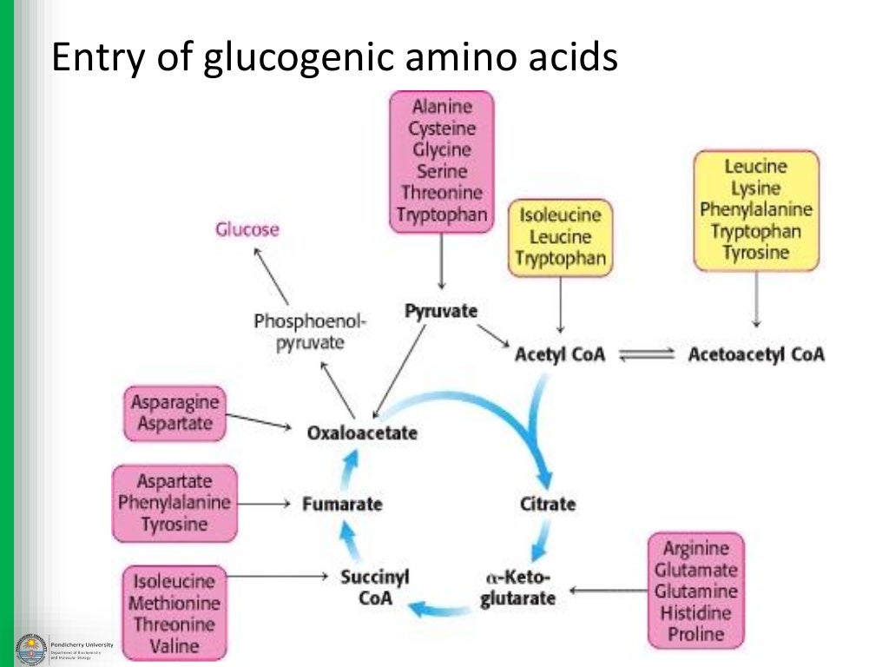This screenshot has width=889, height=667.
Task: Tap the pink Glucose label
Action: [247, 229]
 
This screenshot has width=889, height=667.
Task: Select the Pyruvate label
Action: [441, 310]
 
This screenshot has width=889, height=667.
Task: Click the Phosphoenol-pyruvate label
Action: [310, 332]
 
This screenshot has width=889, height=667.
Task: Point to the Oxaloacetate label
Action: [362, 432]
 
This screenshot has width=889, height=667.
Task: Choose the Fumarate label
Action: [342, 504]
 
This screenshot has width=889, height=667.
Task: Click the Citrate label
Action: [547, 504]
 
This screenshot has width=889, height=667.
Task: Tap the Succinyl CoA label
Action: [375, 587]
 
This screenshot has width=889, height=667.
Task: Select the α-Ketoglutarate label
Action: [517, 588]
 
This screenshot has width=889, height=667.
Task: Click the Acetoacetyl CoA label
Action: [755, 354]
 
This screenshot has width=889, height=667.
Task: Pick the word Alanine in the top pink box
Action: [442, 107]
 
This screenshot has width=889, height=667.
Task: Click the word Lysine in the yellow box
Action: [755, 188]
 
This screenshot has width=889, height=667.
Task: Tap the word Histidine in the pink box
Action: [696, 612]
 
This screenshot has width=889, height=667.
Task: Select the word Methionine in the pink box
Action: [175, 603]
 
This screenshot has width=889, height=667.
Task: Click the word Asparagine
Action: [175, 402]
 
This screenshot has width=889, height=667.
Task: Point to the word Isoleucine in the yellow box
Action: [560, 215]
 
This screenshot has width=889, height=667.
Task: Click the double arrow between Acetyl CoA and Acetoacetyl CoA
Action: [645, 354]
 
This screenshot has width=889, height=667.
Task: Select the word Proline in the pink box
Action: [695, 634]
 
